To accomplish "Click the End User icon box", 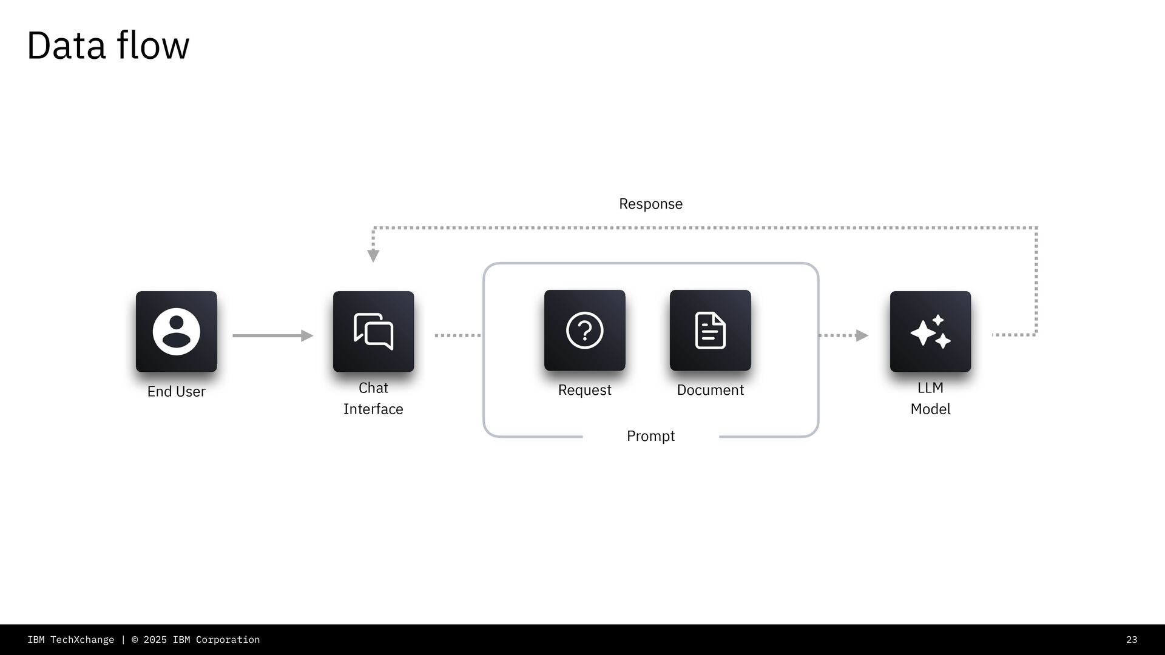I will (176, 331).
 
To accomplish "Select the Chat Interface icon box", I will (373, 331).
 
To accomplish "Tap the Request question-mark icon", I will (584, 331).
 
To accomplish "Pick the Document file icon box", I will (710, 331).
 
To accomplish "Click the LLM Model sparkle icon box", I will (930, 331).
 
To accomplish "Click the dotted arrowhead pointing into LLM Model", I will (862, 335).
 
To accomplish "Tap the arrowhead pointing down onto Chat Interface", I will (373, 255).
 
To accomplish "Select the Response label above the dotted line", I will (650, 204).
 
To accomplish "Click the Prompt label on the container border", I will (650, 436).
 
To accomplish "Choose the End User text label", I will (176, 392).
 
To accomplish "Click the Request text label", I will (584, 390).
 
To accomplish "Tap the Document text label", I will (710, 390).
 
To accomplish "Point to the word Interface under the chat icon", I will (373, 409).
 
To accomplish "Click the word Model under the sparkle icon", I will (930, 409).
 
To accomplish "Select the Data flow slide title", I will (108, 45).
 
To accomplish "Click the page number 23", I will (1131, 640).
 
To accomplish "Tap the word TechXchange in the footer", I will (82, 640).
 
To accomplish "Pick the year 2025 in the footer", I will (155, 640).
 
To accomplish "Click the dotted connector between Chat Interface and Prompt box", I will (458, 335).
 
